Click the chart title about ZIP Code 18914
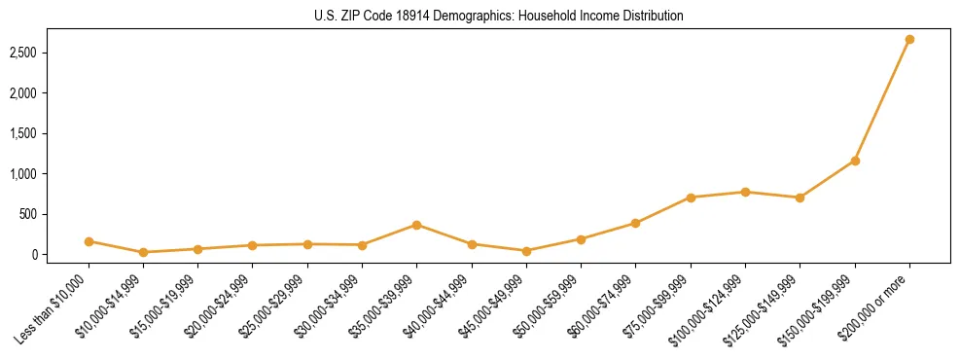(499, 17)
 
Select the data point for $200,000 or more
(909, 40)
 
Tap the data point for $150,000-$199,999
(855, 161)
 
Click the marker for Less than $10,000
(89, 241)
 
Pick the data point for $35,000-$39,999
(416, 225)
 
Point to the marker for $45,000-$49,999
(526, 251)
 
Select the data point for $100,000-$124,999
(745, 192)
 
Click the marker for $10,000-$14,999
(143, 252)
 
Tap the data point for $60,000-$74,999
(635, 223)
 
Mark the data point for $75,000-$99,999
(691, 198)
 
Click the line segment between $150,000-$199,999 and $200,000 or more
(882, 100)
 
